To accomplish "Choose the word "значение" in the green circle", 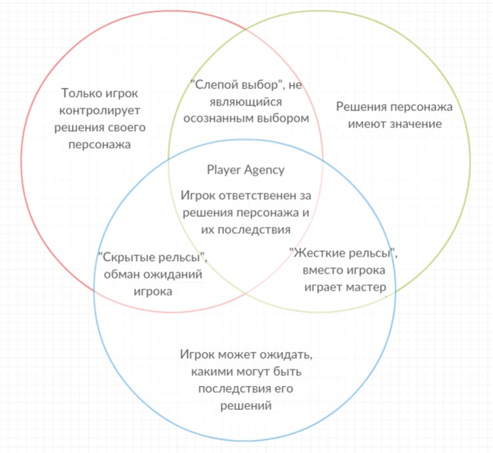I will [419, 124].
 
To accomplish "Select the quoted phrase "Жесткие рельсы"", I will [344, 253].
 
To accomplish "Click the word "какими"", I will [209, 371].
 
